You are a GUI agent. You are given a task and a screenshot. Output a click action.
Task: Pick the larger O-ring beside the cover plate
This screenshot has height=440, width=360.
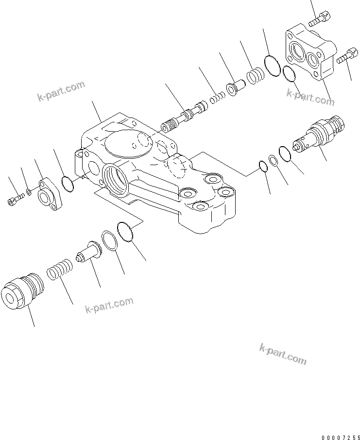[273, 66]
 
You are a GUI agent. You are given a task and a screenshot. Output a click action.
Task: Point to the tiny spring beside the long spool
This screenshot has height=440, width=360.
[216, 99]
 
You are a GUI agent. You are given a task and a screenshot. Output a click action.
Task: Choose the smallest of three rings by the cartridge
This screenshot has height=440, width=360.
[263, 166]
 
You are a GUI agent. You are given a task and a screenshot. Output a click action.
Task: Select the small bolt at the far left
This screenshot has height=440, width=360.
[16, 199]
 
